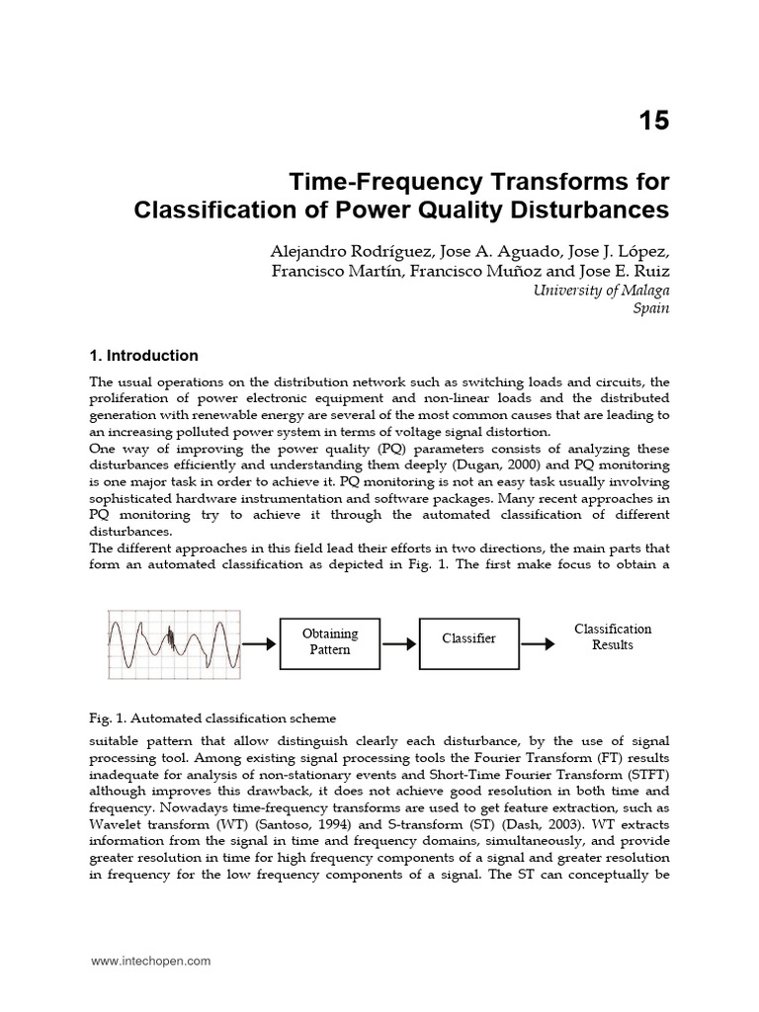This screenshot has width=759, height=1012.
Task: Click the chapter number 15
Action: coord(652,122)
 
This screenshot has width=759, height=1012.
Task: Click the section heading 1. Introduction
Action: coord(143,356)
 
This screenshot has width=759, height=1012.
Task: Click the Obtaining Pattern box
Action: coord(330,641)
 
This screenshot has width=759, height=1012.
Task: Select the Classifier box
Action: coord(468,639)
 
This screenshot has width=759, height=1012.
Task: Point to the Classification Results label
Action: coord(613,637)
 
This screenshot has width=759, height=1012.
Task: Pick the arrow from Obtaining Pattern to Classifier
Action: coord(399,641)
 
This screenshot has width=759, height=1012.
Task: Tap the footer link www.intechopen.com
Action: coord(150,960)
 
